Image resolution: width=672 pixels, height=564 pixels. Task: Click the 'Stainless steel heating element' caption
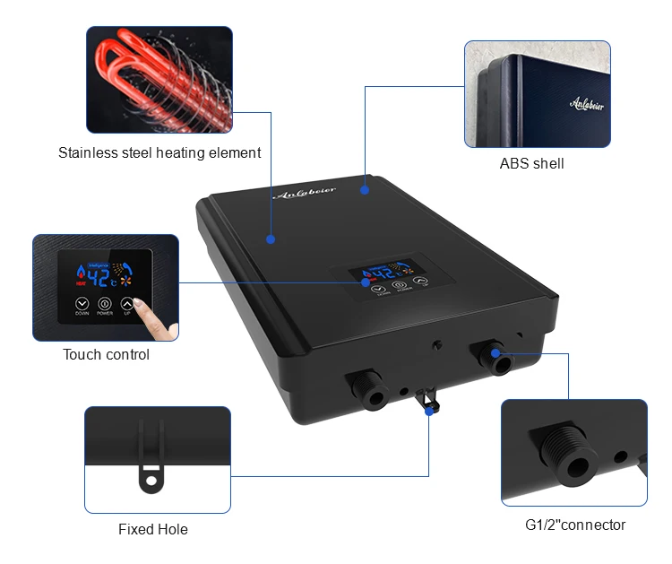159,152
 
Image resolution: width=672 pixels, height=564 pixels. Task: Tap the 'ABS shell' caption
531,163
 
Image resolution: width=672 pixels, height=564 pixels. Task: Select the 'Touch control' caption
106,354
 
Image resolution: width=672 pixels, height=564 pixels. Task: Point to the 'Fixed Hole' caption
153,529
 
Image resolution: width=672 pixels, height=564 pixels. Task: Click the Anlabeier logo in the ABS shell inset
587,105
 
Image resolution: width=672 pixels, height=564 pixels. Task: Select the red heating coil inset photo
159,79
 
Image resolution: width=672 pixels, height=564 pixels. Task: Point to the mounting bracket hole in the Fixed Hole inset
151,481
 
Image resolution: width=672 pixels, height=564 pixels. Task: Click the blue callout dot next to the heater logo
365,189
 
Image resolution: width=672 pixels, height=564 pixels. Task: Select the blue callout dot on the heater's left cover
270,239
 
